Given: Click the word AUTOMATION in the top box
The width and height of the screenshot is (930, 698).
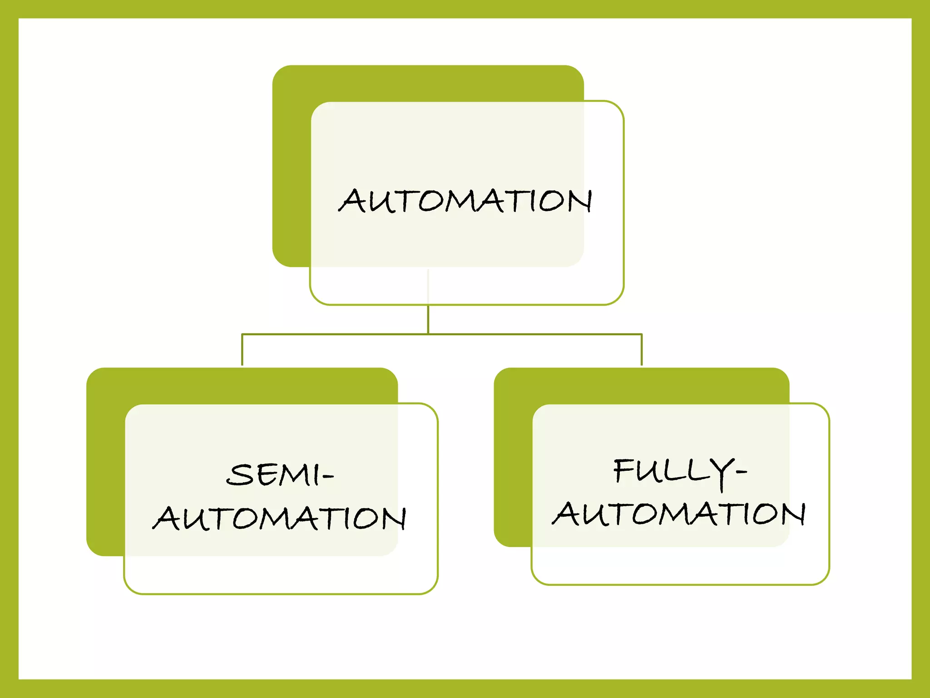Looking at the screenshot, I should tap(465, 201).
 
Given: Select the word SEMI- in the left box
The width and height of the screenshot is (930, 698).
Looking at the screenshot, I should tap(279, 475).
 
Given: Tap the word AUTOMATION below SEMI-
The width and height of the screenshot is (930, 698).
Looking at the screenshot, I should tap(279, 518).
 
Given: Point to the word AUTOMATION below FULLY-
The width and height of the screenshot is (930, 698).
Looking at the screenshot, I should tap(679, 514).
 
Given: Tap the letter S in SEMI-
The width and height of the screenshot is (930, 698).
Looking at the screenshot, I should tap(239, 475).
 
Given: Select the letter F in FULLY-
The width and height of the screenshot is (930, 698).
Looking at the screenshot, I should tap(624, 470).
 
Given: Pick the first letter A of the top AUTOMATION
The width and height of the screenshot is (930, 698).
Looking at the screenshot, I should tap(351, 201).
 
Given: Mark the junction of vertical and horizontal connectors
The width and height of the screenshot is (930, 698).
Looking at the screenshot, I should tap(428, 334).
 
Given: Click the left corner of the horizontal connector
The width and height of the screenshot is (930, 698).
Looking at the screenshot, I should tap(242, 334).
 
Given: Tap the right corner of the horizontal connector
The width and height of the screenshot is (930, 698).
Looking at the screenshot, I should tap(642, 334).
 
